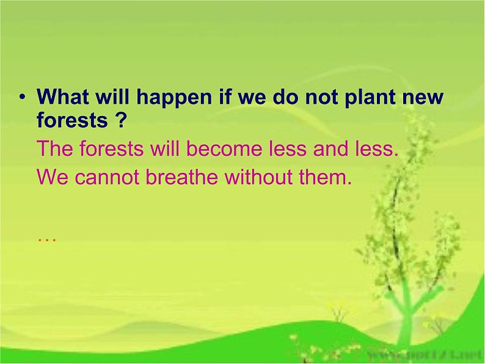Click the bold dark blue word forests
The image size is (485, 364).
(71, 120)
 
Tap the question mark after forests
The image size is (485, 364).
(120, 120)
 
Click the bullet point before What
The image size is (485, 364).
(23, 98)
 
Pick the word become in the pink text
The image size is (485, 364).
(227, 148)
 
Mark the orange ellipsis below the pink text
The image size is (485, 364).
(46, 239)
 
